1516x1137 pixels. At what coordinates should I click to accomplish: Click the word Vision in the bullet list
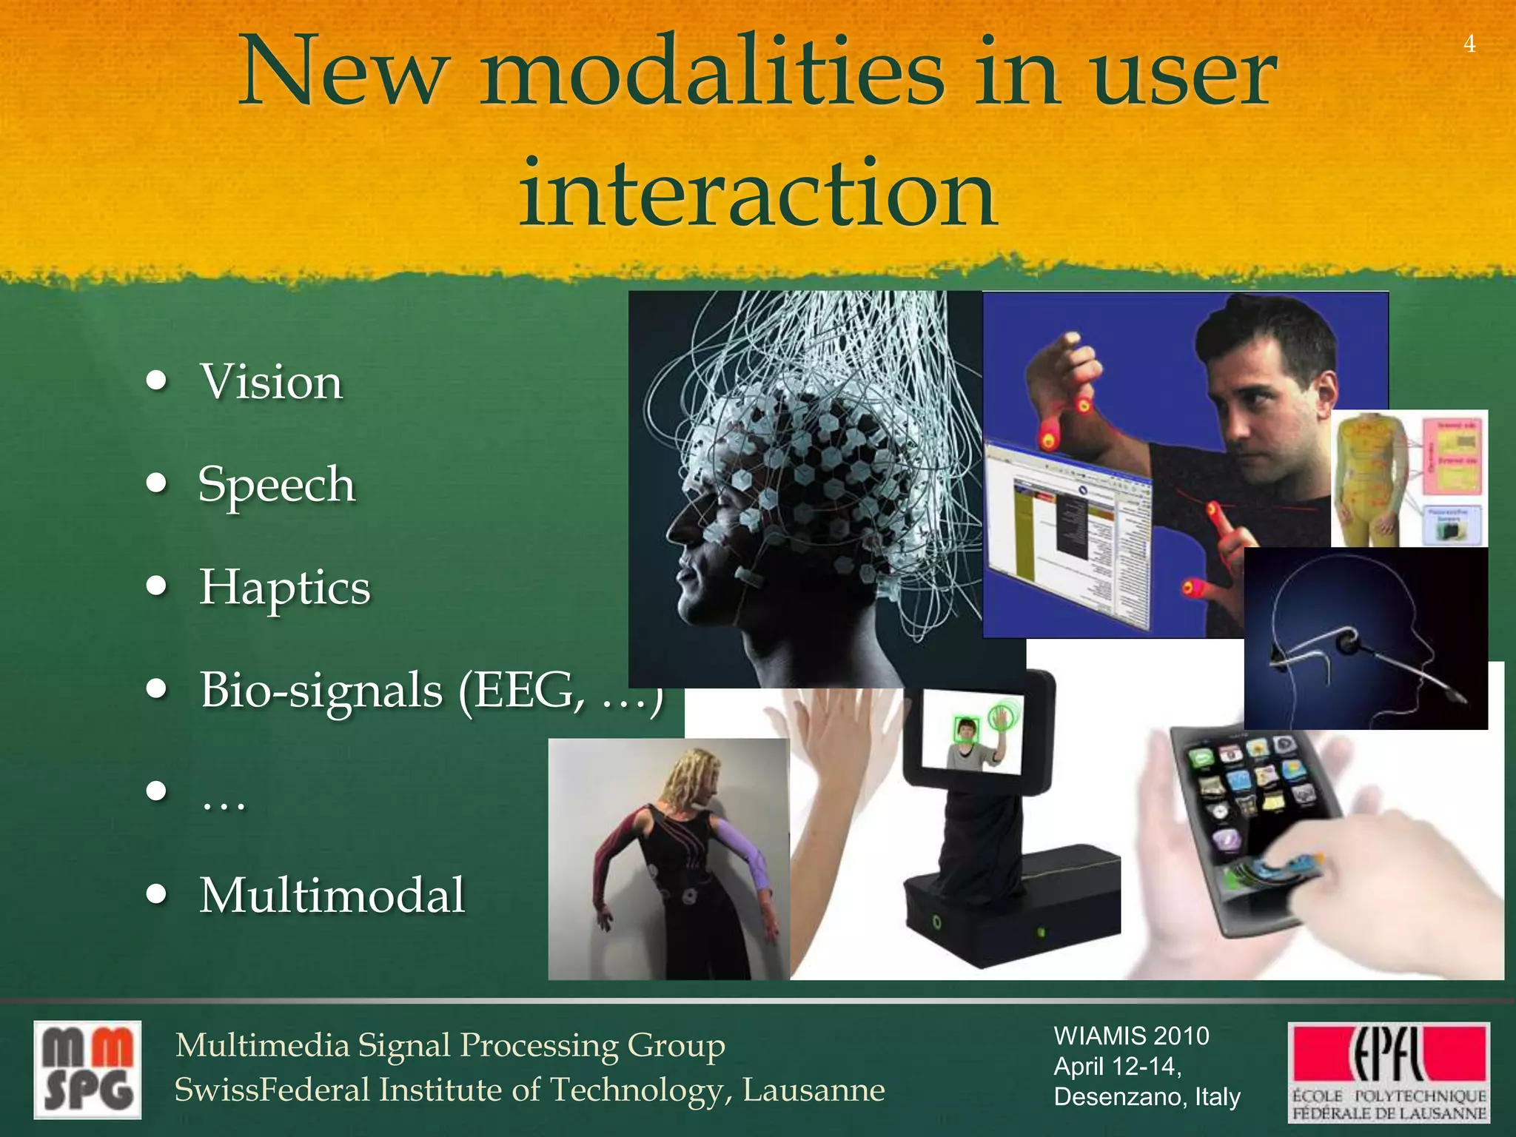pyautogui.click(x=271, y=383)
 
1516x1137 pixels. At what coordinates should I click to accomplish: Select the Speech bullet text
pyautogui.click(x=277, y=485)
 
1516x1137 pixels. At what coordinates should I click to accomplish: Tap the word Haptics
pyautogui.click(x=285, y=588)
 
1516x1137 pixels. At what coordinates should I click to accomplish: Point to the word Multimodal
pyautogui.click(x=332, y=895)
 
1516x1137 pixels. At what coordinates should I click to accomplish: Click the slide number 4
pyautogui.click(x=1469, y=44)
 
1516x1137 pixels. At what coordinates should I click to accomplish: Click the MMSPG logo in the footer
pyautogui.click(x=87, y=1070)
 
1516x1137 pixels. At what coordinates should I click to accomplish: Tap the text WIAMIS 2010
pyautogui.click(x=1131, y=1036)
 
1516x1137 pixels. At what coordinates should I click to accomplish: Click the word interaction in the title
pyautogui.click(x=757, y=194)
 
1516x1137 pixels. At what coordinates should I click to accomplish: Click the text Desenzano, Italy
pyautogui.click(x=1147, y=1096)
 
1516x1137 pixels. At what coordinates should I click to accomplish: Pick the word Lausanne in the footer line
pyautogui.click(x=814, y=1090)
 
